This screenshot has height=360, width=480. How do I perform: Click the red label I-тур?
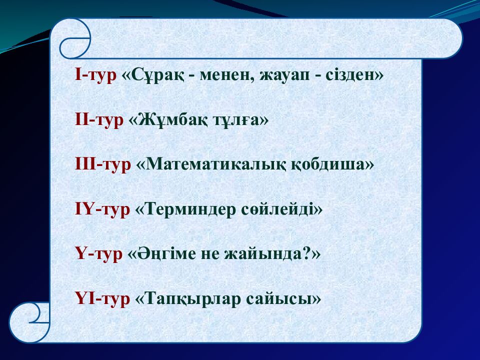95,75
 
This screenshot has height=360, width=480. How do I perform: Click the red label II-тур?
98,120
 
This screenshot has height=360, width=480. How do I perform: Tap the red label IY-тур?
102,209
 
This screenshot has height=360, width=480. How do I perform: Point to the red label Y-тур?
98,254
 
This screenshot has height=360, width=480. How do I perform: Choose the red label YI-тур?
102,298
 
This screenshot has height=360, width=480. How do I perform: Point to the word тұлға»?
241,120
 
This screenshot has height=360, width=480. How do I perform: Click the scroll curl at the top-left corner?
74,39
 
